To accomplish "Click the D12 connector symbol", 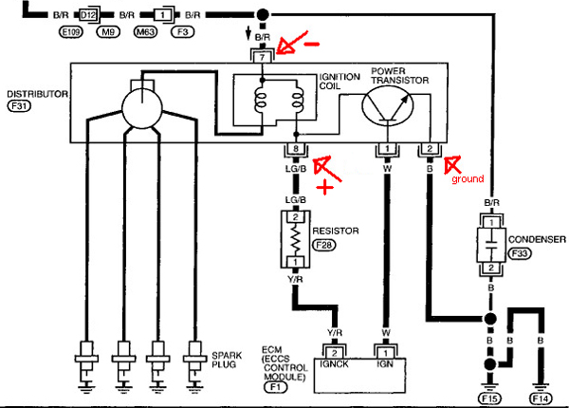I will pyautogui.click(x=87, y=16).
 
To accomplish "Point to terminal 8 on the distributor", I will pyautogui.click(x=294, y=149).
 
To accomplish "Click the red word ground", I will pyautogui.click(x=467, y=177).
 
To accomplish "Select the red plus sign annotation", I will pyautogui.click(x=328, y=187).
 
